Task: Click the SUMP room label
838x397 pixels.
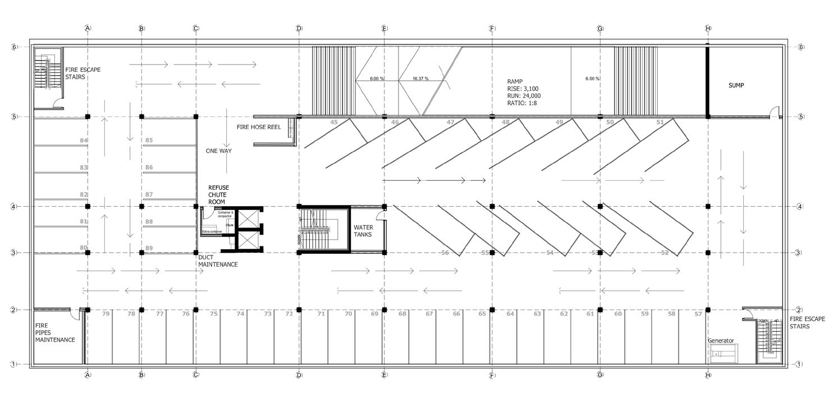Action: click(739, 85)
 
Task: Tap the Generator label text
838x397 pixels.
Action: click(721, 341)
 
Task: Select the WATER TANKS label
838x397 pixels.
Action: click(363, 231)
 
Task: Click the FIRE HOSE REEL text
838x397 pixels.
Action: click(259, 127)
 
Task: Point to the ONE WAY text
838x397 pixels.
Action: click(218, 151)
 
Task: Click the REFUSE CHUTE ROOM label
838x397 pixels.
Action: click(218, 194)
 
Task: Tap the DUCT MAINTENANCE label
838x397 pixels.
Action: click(218, 261)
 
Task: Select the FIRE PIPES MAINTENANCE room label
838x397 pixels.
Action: click(55, 332)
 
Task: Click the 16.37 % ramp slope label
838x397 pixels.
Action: click(420, 79)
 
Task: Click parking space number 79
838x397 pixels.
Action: click(106, 314)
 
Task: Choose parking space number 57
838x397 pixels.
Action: click(698, 314)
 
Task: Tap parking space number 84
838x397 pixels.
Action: click(84, 140)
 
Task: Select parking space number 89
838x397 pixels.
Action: click(149, 248)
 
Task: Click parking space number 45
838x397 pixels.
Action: click(334, 122)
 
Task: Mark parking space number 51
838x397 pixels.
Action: click(660, 122)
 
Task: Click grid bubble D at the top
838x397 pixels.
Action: click(299, 28)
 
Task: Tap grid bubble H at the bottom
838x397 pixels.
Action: click(708, 375)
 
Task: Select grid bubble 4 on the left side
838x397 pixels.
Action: click(14, 207)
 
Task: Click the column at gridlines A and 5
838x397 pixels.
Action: click(88, 117)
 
